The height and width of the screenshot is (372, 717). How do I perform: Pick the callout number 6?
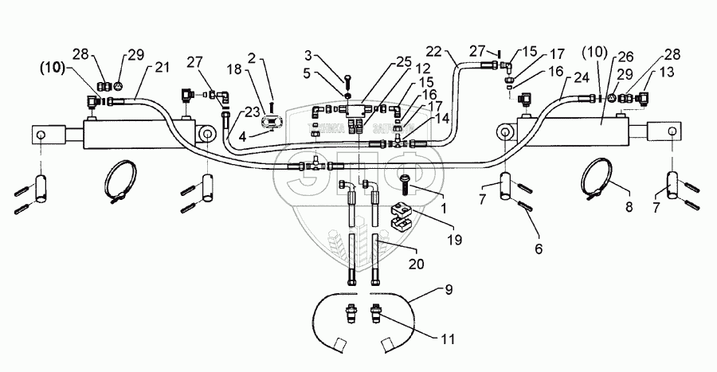point(539,249)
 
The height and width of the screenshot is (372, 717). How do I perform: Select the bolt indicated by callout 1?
point(409,186)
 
